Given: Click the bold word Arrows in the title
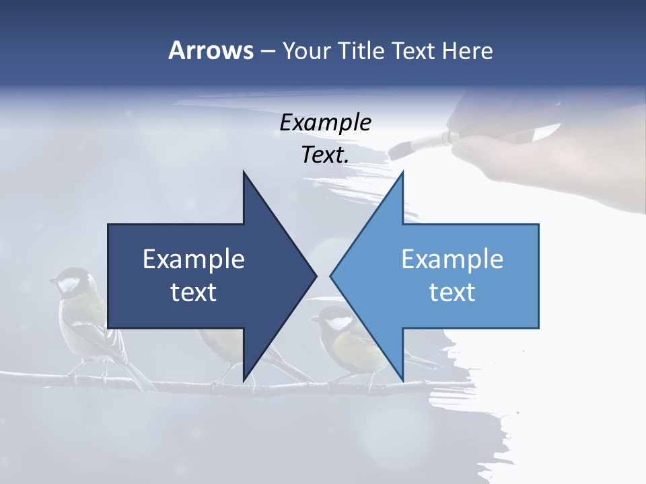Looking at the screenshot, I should tap(211, 50).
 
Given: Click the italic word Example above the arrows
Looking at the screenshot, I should tap(325, 123).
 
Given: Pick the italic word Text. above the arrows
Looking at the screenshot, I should tap(325, 155).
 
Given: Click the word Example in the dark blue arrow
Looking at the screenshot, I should tap(194, 259).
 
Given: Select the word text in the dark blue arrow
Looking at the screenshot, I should tap(194, 292).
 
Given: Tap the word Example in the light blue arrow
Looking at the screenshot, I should tap(452, 259).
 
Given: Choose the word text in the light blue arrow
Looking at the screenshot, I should tap(452, 292).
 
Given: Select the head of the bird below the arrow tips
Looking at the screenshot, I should tap(333, 319).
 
